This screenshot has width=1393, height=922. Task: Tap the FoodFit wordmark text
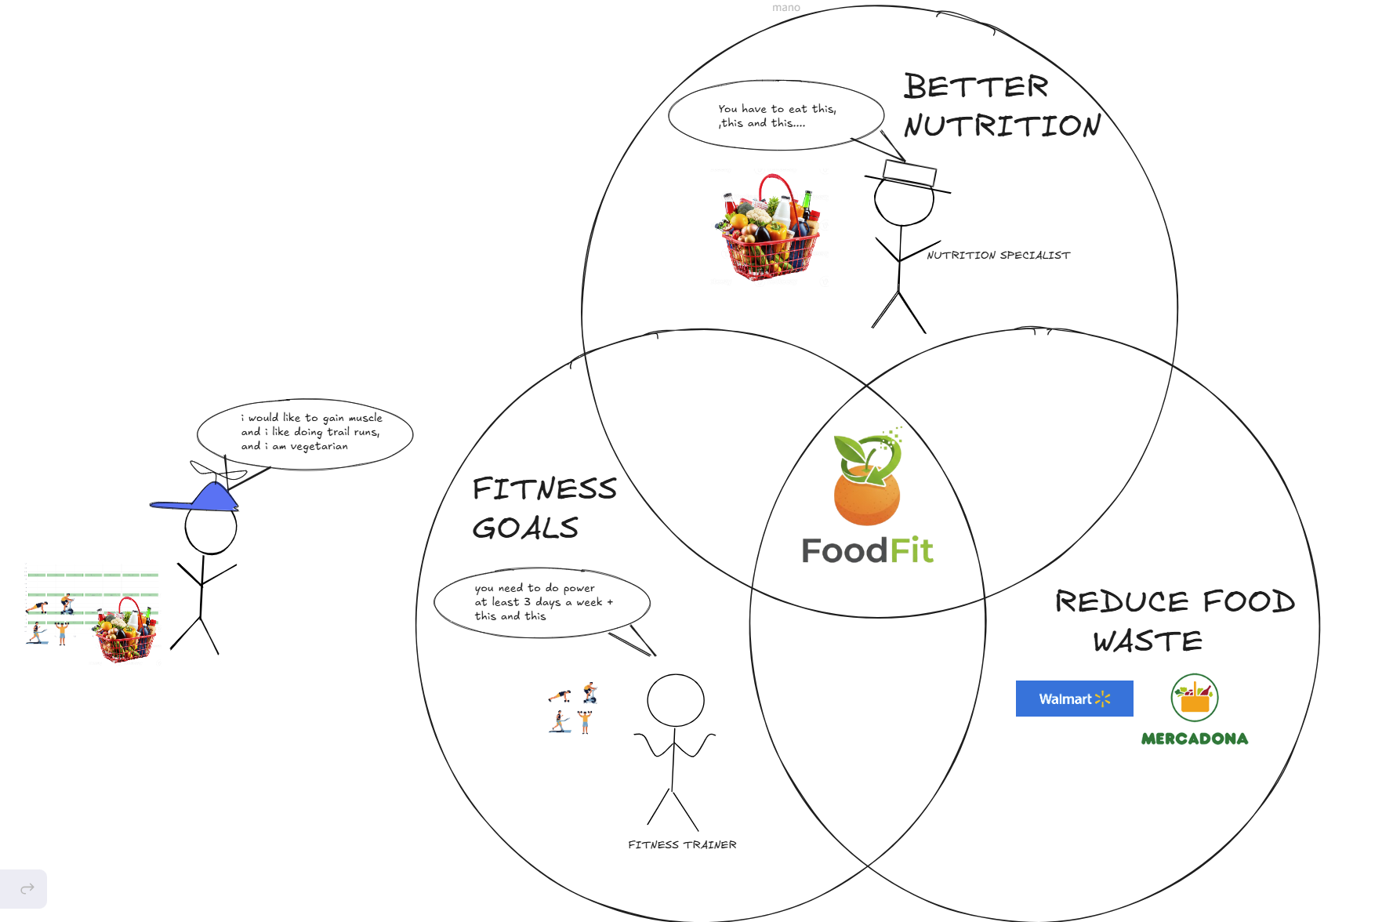coord(867,550)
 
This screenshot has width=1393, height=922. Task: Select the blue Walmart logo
coord(1074,699)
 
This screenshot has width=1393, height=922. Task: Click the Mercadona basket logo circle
coord(1194,697)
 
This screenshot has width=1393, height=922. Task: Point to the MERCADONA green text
coord(1194,739)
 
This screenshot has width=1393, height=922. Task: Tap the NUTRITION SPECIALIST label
coord(998,256)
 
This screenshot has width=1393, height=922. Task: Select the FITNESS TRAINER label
coord(682,845)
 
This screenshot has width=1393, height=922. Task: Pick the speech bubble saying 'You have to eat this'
coord(776,116)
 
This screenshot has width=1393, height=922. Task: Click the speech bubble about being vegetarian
coord(306,433)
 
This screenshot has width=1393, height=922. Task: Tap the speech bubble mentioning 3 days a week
coord(542,602)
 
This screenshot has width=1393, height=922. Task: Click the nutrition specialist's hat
coord(909,175)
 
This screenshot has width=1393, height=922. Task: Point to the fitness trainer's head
coord(675,700)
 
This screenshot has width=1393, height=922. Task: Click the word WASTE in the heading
coord(1147,641)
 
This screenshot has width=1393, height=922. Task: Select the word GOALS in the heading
coord(525,528)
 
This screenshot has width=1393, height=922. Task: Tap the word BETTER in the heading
coord(975,86)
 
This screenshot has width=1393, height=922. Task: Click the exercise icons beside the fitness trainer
coord(573,708)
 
